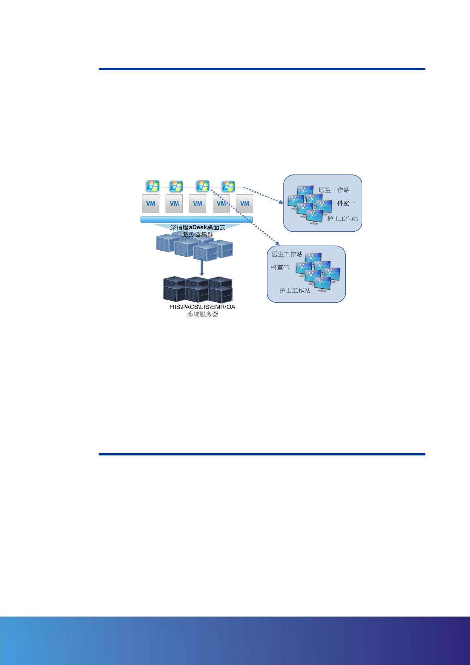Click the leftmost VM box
click(150, 204)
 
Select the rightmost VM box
click(245, 204)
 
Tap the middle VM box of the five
click(198, 204)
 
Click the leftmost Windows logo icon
click(152, 185)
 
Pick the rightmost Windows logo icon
click(228, 185)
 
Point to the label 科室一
click(346, 204)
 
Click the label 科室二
click(280, 267)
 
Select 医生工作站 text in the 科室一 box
click(334, 190)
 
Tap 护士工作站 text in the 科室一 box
click(342, 218)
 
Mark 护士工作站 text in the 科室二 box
click(294, 290)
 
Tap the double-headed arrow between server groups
click(202, 267)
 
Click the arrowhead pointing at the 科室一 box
click(281, 202)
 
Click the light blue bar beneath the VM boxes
click(197, 220)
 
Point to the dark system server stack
click(198, 290)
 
